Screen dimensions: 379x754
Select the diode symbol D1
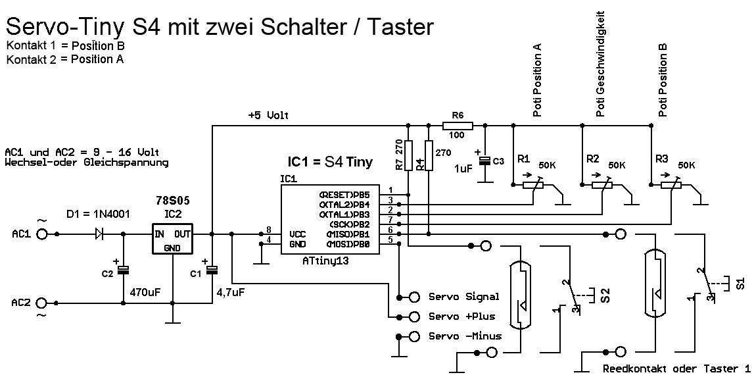99,234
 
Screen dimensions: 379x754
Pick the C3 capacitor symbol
484,161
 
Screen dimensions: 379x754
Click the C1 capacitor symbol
212,269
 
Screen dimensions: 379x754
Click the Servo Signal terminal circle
414,296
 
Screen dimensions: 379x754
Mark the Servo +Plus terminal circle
414,316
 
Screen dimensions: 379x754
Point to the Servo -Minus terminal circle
414,337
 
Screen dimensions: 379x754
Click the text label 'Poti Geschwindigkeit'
600,64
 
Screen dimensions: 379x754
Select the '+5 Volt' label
268,116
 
